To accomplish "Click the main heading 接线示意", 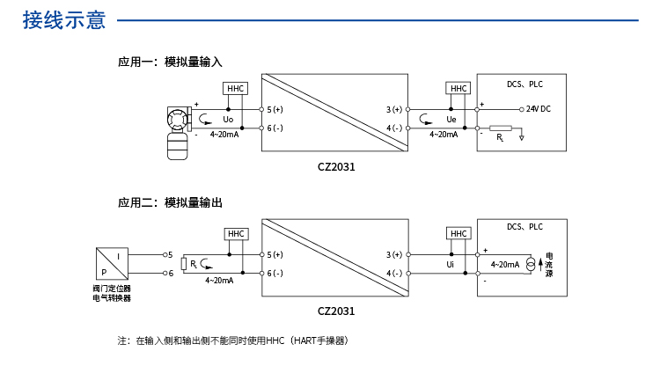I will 63,19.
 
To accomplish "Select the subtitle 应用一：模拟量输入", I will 171,62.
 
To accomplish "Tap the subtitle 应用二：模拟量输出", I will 171,202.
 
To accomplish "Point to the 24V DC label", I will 538,109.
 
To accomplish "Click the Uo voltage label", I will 228,119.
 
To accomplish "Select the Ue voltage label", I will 451,119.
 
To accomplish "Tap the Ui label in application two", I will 450,264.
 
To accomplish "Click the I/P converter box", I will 112,264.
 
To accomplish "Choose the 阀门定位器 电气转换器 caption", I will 112,293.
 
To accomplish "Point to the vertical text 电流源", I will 549,264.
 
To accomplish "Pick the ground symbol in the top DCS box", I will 522,137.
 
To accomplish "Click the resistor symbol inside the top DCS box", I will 501,128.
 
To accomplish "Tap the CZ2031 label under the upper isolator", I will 336,165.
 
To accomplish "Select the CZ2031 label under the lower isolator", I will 336,310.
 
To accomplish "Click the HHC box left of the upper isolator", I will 236,89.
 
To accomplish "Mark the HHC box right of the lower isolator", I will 458,233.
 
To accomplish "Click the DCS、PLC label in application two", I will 525,227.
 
